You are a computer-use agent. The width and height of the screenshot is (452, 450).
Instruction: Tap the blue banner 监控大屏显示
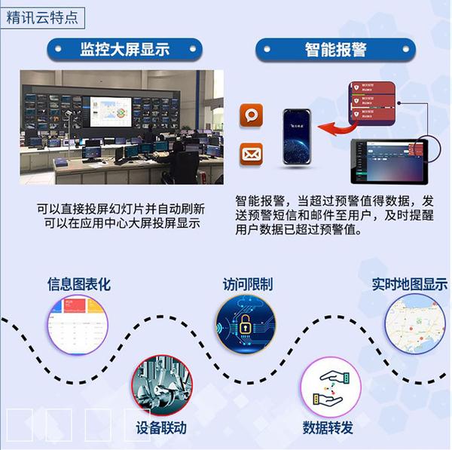coord(124,50)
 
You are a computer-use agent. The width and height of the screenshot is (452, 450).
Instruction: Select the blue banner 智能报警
coord(336,50)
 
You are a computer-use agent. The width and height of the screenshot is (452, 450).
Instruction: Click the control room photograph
coord(121,127)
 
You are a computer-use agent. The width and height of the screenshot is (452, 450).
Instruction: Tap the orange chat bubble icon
coord(251,115)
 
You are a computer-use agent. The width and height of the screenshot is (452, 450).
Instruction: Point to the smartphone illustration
coord(296,136)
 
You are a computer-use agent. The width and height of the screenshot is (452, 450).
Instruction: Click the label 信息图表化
coord(79,284)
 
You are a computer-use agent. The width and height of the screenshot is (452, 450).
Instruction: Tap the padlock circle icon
coord(245,325)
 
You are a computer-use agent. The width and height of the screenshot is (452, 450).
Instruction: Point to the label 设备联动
coord(161,428)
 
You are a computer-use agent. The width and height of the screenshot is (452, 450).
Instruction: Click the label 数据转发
coord(328,428)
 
